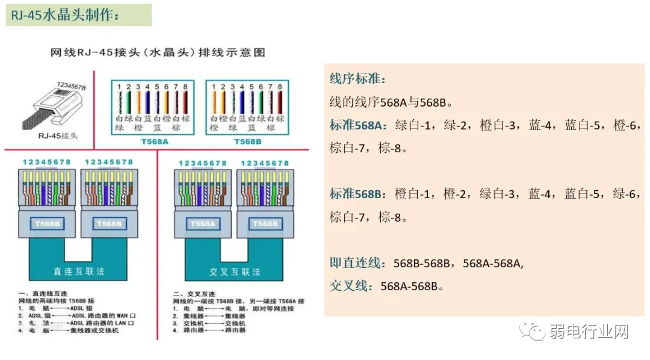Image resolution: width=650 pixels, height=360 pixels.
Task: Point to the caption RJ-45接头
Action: pos(59,135)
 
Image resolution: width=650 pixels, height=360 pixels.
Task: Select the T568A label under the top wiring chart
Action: pos(153,141)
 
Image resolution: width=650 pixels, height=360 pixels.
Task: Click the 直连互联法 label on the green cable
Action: pos(79,271)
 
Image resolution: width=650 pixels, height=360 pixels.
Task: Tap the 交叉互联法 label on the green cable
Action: pos(235,272)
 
